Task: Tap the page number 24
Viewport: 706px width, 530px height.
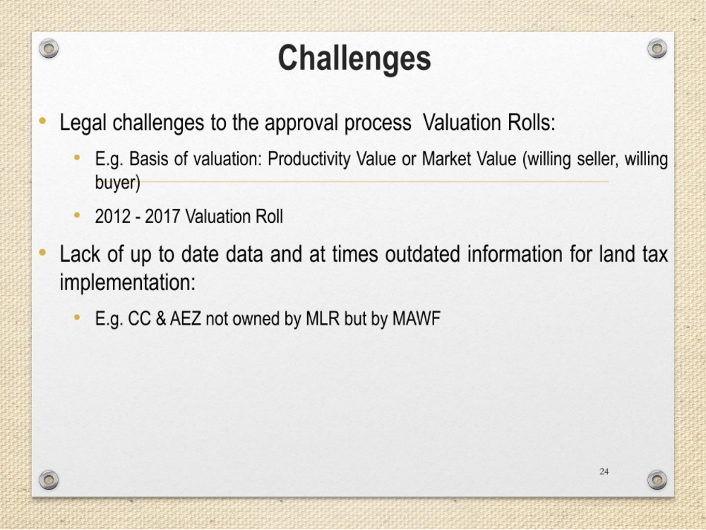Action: click(x=604, y=471)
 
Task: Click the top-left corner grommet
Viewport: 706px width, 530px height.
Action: click(x=49, y=48)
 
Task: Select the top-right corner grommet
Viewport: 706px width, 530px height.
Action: click(x=657, y=48)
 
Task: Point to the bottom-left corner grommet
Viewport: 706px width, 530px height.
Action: click(x=49, y=480)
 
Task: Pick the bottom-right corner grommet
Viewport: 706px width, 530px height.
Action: click(x=657, y=480)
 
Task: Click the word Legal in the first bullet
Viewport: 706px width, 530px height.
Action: click(x=83, y=123)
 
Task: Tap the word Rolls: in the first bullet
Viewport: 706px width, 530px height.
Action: click(x=532, y=122)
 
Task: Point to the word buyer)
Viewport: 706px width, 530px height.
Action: click(x=117, y=183)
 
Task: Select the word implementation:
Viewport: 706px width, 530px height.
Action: click(x=128, y=283)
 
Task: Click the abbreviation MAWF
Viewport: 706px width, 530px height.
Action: click(x=416, y=319)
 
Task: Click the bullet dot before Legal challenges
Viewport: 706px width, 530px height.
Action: click(x=43, y=121)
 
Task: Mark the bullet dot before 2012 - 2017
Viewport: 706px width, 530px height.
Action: click(x=77, y=215)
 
